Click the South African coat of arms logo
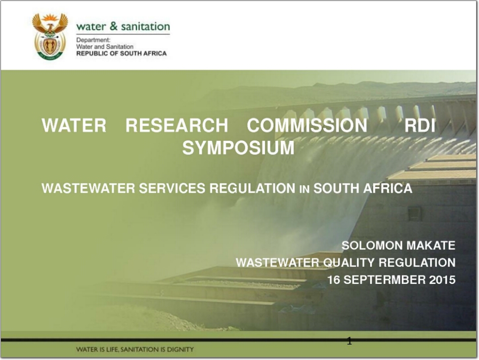click(x=50, y=37)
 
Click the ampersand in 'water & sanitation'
click(x=114, y=26)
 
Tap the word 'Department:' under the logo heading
click(x=93, y=40)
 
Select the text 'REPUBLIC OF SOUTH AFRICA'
click(x=122, y=53)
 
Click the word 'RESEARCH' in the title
click(x=177, y=125)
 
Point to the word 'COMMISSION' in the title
click(x=307, y=125)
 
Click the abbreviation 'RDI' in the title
click(x=420, y=125)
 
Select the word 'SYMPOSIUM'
click(x=238, y=148)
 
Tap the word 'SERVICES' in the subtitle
click(x=172, y=188)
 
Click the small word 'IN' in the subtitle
click(x=305, y=190)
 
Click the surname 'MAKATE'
click(x=431, y=245)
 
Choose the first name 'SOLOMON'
click(x=372, y=245)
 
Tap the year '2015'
click(x=442, y=280)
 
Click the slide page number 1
click(x=349, y=341)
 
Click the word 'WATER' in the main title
click(x=74, y=125)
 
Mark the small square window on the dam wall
click(x=415, y=213)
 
